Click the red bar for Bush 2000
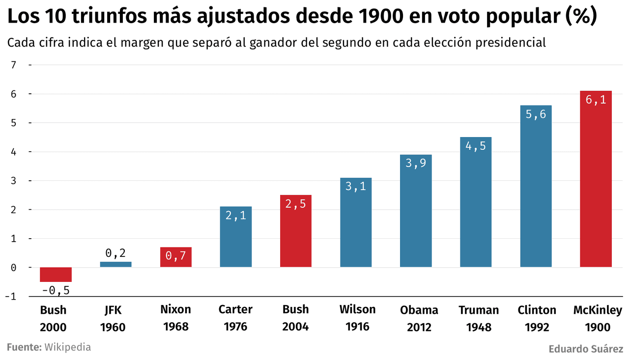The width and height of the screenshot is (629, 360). tap(56, 275)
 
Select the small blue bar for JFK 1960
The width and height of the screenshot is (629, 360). tap(115, 264)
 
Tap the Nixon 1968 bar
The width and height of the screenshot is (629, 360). tap(175, 257)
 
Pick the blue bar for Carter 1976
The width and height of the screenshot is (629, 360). tap(235, 237)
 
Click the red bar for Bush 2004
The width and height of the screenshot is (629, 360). tap(295, 231)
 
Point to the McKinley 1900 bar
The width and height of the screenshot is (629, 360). tap(596, 179)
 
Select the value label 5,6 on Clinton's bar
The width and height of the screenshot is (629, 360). tap(536, 114)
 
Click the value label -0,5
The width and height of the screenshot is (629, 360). tap(56, 290)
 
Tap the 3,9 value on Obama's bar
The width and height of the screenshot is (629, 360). tap(416, 164)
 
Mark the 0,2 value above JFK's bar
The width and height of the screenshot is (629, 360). tap(115, 253)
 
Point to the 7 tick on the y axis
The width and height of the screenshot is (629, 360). tap(13, 65)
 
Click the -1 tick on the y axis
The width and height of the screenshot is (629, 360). tap(11, 297)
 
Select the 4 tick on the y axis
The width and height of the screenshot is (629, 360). tap(13, 152)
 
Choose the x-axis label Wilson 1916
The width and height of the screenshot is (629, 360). tap(357, 318)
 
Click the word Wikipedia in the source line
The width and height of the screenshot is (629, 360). tap(68, 347)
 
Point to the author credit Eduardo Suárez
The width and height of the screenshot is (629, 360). tap(586, 350)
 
